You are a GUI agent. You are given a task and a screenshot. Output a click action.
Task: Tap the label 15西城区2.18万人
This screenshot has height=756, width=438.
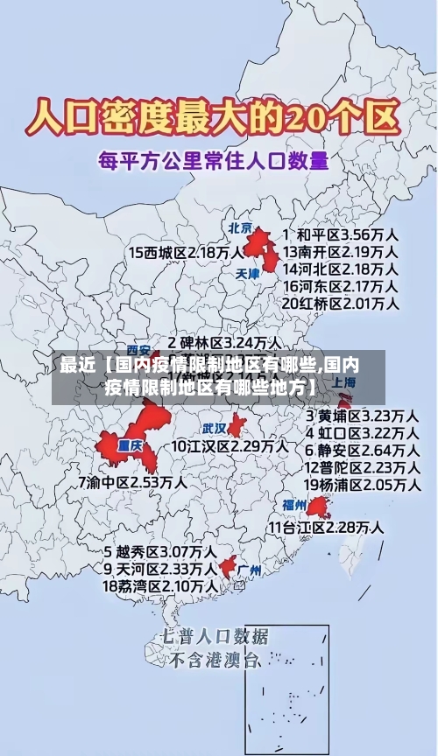pos(186,252)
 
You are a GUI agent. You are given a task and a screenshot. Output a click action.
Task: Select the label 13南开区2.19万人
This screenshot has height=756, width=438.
pos(341,252)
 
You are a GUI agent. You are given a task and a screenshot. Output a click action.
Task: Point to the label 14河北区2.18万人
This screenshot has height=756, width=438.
pos(341,269)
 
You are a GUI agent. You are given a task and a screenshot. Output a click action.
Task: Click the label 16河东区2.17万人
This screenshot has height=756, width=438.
pos(341,286)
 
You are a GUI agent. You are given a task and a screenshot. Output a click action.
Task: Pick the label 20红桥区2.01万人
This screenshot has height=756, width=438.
pos(341,304)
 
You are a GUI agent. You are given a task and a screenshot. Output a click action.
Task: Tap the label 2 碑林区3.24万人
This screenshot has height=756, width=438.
pos(225,342)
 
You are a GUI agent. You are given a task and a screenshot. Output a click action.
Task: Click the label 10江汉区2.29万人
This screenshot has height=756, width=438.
pos(230,446)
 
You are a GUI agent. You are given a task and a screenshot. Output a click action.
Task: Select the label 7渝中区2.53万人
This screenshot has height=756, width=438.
pos(132,481)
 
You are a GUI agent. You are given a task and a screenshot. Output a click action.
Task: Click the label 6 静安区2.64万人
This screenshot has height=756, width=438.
pos(361,450)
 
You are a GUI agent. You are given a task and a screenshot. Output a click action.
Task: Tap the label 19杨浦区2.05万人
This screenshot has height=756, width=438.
pos(361,484)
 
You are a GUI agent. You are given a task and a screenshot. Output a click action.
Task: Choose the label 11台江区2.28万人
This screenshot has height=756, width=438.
pos(326,528)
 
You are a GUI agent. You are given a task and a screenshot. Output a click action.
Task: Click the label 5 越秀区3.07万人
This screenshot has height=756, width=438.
pos(160,552)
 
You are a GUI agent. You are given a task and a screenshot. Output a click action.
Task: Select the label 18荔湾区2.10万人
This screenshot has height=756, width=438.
pos(160,585)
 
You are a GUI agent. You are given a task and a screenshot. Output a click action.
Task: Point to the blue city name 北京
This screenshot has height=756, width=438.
pos(240,227)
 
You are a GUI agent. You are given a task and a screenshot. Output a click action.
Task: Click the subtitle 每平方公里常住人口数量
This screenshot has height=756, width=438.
pos(213,161)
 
